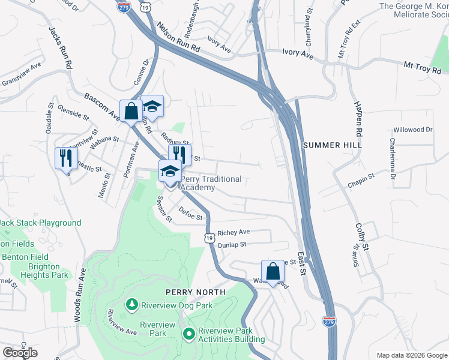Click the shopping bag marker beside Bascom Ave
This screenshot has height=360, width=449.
click(131, 111)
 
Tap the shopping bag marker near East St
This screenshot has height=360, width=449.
click(273, 271)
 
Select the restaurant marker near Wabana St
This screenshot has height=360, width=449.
click(65, 158)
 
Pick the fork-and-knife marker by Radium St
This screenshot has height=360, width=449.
click(179, 155)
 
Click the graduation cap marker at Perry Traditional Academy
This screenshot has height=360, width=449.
click(170, 172)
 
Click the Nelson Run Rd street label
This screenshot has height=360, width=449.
click(178, 40)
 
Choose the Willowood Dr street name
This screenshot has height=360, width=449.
click(412, 130)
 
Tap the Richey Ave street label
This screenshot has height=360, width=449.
click(234, 232)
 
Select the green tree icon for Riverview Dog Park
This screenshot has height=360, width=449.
click(132, 305)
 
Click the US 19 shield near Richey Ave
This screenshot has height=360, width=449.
click(209, 238)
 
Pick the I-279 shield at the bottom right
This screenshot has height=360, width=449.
click(328, 322)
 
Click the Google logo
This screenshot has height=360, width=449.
click(20, 353)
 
